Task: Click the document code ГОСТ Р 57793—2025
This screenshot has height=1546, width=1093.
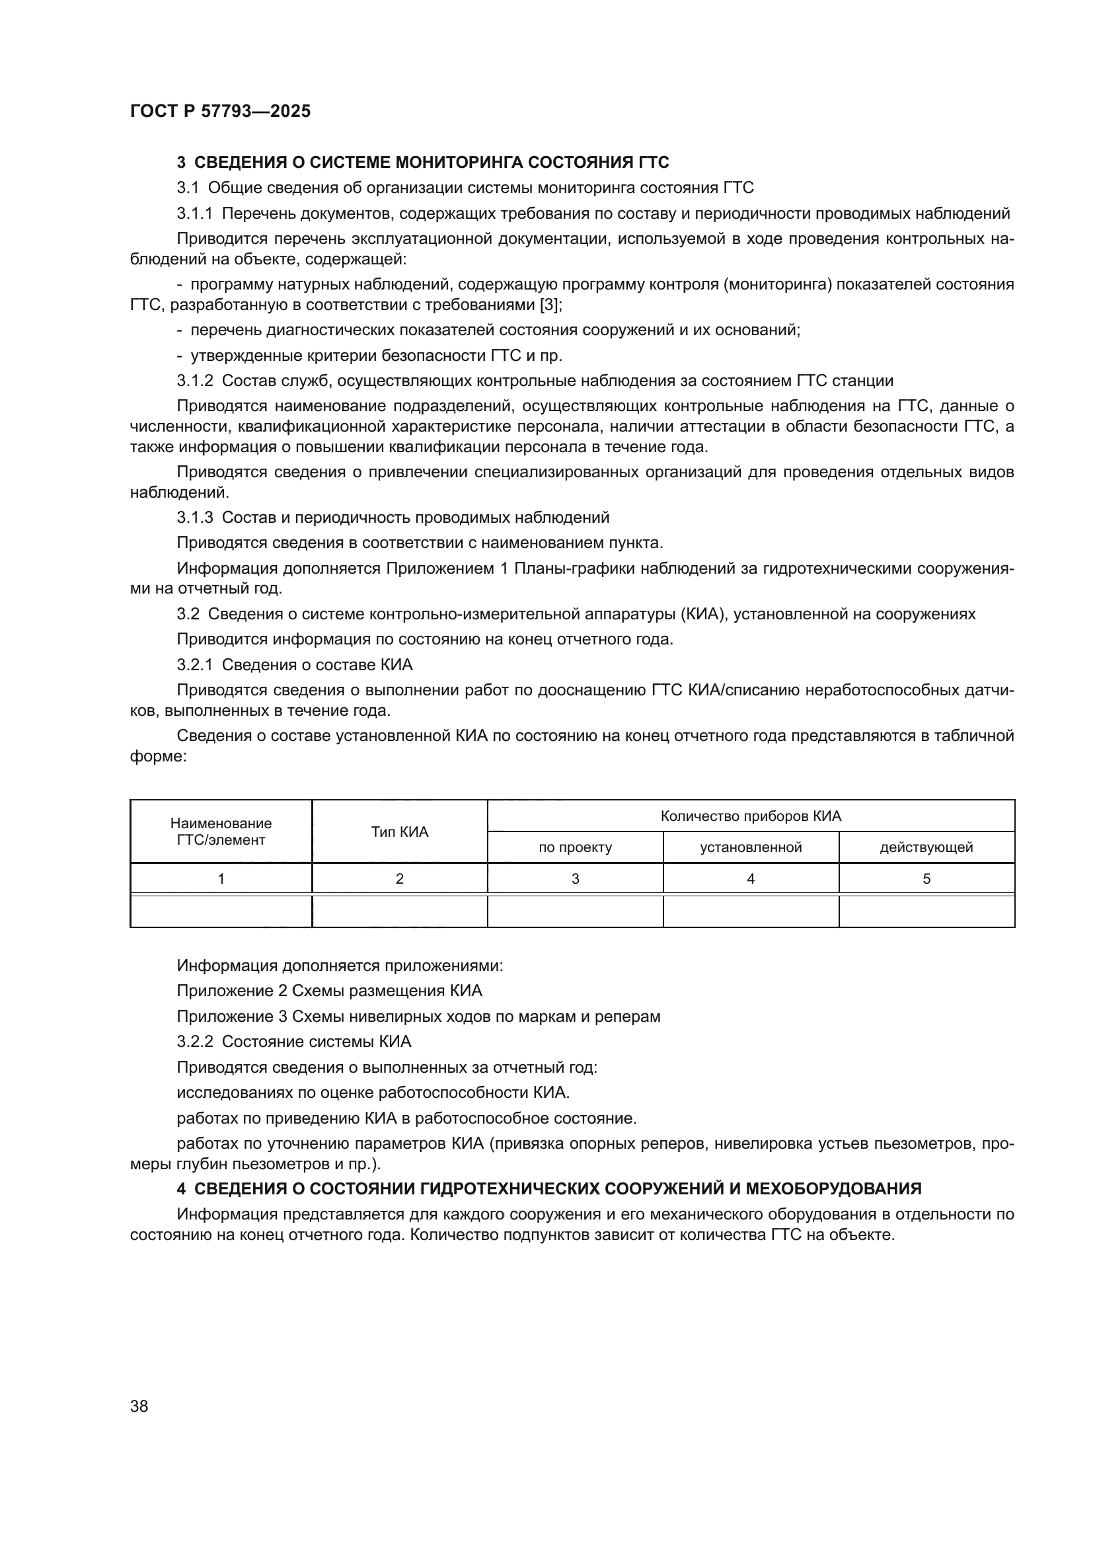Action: pyautogui.click(x=220, y=111)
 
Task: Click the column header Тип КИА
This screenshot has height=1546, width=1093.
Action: pyautogui.click(x=399, y=831)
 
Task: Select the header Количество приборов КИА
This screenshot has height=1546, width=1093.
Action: pyautogui.click(x=751, y=816)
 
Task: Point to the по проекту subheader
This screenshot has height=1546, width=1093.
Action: pyautogui.click(x=575, y=848)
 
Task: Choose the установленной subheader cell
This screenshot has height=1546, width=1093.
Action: pyautogui.click(x=751, y=848)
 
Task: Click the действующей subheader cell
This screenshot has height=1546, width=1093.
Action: pyautogui.click(x=926, y=848)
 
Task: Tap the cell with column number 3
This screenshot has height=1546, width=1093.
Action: pyautogui.click(x=575, y=878)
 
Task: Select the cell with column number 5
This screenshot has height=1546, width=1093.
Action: pyautogui.click(x=926, y=878)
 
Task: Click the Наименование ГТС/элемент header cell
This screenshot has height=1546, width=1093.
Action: pyautogui.click(x=221, y=831)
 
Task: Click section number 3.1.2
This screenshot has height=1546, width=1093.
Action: pyautogui.click(x=194, y=381)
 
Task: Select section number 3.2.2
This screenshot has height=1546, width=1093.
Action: pyautogui.click(x=194, y=1042)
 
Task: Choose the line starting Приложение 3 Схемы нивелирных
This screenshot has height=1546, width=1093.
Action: pyautogui.click(x=418, y=1016)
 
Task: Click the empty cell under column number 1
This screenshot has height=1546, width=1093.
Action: pyautogui.click(x=221, y=911)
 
